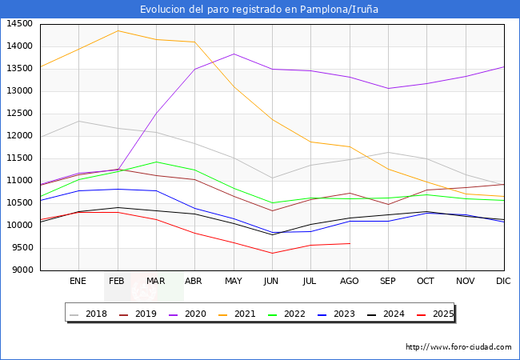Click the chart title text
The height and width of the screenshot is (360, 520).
tap(259, 10)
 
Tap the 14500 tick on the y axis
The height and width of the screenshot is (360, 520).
tap(19, 24)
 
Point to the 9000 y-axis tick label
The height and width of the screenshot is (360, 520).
tap(22, 270)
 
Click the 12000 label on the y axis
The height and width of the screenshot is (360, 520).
tap(19, 136)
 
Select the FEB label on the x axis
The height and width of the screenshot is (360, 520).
tap(117, 281)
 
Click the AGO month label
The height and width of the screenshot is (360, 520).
tap(350, 281)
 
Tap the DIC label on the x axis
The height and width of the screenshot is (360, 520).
tap(503, 281)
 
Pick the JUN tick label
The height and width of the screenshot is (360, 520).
tap(272, 281)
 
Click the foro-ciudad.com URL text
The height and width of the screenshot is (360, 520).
tap(458, 347)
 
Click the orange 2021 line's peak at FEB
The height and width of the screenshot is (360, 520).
tap(118, 31)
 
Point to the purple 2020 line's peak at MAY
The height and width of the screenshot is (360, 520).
tap(234, 54)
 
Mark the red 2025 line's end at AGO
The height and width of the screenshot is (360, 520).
tap(350, 243)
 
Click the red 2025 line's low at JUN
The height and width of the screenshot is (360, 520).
tap(272, 254)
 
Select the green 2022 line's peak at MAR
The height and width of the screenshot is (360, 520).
tap(156, 162)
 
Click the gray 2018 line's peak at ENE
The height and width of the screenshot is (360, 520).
tap(78, 121)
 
